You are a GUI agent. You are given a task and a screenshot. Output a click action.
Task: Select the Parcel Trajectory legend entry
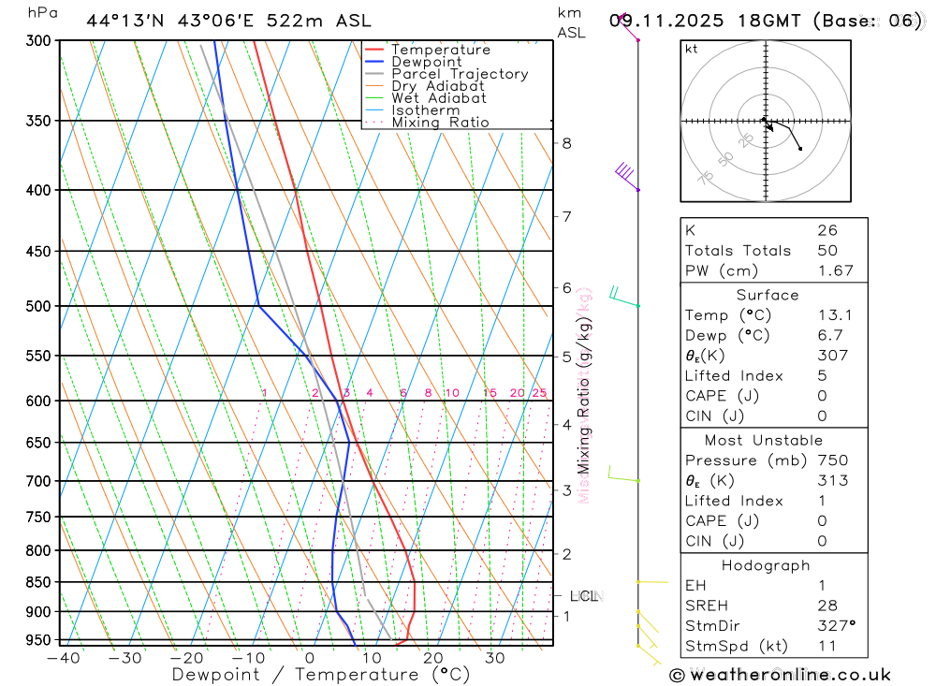[x=460, y=74]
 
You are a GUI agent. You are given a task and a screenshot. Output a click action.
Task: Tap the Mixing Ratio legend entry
[x=440, y=123]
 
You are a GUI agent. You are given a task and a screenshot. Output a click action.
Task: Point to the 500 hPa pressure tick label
[x=39, y=306]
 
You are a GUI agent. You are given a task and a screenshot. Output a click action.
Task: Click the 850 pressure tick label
[x=39, y=582]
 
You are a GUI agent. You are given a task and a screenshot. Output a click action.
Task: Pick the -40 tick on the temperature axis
[x=63, y=658]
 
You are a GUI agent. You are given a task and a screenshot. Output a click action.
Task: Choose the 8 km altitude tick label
[x=566, y=143]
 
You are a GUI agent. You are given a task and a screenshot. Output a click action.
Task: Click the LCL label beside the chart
[x=584, y=596]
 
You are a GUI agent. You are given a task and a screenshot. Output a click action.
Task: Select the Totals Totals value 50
[x=827, y=251]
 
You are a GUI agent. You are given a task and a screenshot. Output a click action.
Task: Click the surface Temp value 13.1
[x=835, y=315]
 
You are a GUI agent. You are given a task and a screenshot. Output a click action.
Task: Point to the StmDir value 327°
[x=836, y=626]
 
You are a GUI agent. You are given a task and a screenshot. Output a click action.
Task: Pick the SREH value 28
[x=826, y=606]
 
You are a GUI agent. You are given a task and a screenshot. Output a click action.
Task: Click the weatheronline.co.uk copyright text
[x=780, y=675]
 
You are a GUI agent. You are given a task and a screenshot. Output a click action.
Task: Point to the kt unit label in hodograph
[x=692, y=49]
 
